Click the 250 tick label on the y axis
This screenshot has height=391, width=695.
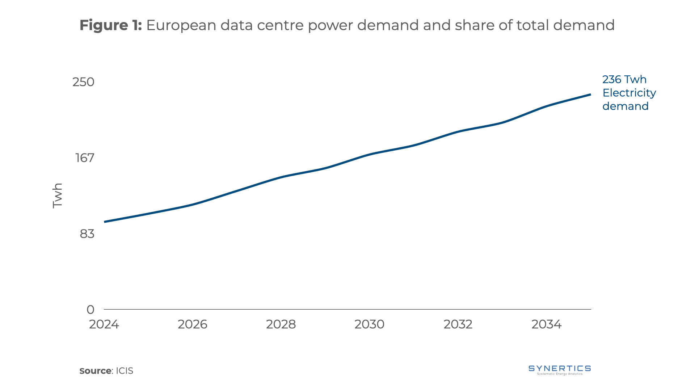[x=83, y=82]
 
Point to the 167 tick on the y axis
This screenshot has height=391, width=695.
[x=85, y=158]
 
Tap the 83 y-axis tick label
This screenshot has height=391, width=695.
[x=87, y=234]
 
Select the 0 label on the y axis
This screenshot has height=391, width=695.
[x=90, y=310]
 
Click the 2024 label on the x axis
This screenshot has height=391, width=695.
[x=104, y=324]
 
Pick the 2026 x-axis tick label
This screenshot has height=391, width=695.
[x=192, y=324]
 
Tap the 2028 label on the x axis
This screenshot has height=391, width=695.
[x=281, y=324]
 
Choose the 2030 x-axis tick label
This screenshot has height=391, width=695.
[x=369, y=324]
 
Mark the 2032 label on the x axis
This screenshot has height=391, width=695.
[x=458, y=324]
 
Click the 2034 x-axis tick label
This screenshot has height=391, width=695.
[x=546, y=324]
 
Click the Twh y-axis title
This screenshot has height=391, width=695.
[x=58, y=195]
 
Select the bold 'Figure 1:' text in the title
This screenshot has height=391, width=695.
[x=110, y=25]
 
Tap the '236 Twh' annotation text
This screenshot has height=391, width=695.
[x=624, y=79]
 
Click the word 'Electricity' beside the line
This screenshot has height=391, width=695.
[x=629, y=93]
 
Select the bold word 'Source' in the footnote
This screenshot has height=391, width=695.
[x=95, y=371]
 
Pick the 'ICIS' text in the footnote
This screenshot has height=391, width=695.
[x=125, y=371]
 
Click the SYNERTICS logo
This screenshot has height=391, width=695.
[x=560, y=370]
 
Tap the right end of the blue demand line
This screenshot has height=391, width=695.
[x=590, y=95]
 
